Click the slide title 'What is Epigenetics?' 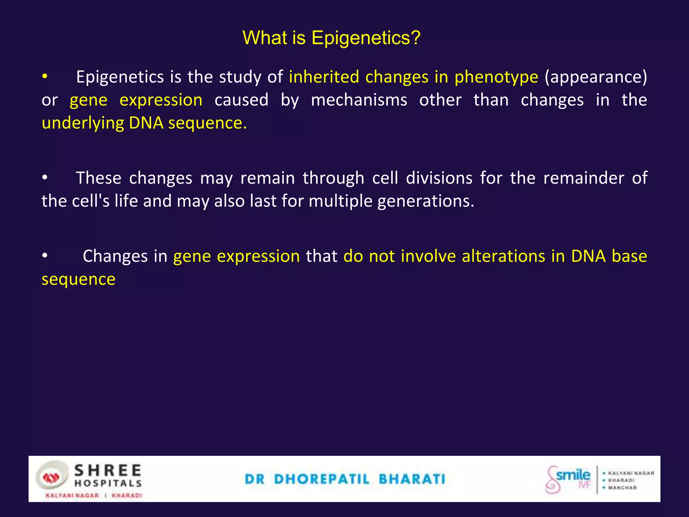click(x=331, y=38)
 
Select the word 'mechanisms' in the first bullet click(x=359, y=100)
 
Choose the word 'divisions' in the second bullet click(x=439, y=178)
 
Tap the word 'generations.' click(x=426, y=201)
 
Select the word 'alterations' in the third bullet click(x=503, y=256)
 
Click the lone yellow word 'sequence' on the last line click(x=78, y=279)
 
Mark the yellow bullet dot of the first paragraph click(x=45, y=77)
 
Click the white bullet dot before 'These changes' click(x=45, y=178)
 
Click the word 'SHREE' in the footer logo click(x=108, y=470)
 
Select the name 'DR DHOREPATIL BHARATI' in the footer click(x=345, y=479)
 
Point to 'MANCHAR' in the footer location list click(x=622, y=488)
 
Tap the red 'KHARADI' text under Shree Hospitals click(x=127, y=495)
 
